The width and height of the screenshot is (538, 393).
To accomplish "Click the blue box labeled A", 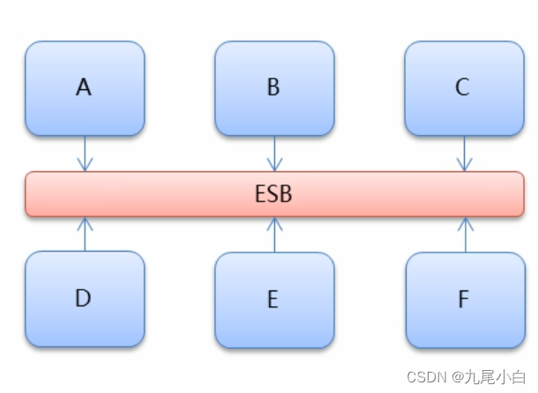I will coord(85,88).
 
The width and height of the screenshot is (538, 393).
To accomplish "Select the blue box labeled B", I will coord(274,88).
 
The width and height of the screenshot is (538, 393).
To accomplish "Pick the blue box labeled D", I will coord(85,299).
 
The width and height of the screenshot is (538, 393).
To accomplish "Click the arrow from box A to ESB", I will coord(85,154).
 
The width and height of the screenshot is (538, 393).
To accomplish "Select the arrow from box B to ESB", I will coord(274,154).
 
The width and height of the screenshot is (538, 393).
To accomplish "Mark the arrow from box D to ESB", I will coord(85,234).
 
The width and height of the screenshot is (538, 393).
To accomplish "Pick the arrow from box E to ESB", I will coord(274,234).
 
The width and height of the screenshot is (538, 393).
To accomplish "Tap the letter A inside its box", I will coord(84,87).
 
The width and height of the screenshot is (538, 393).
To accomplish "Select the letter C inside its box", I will coord(463,87).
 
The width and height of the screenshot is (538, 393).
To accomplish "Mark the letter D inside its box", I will coord(83,299).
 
